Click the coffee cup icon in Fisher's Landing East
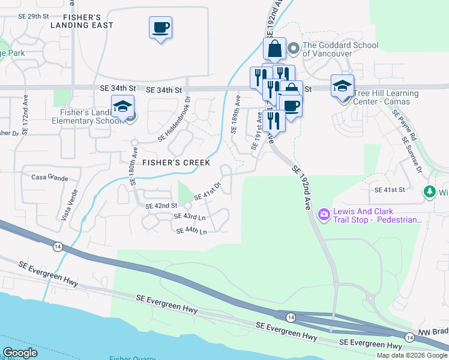point(160,28)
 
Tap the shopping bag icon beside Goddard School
point(274,49)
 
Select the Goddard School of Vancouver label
point(340,49)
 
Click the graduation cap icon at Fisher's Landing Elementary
point(122,107)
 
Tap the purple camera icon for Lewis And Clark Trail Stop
point(324,214)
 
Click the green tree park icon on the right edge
point(430,192)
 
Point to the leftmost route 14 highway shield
point(58,247)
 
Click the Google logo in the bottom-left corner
point(20,352)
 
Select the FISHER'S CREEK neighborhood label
point(176,163)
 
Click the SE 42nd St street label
point(163,206)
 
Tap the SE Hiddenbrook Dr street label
point(174,119)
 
